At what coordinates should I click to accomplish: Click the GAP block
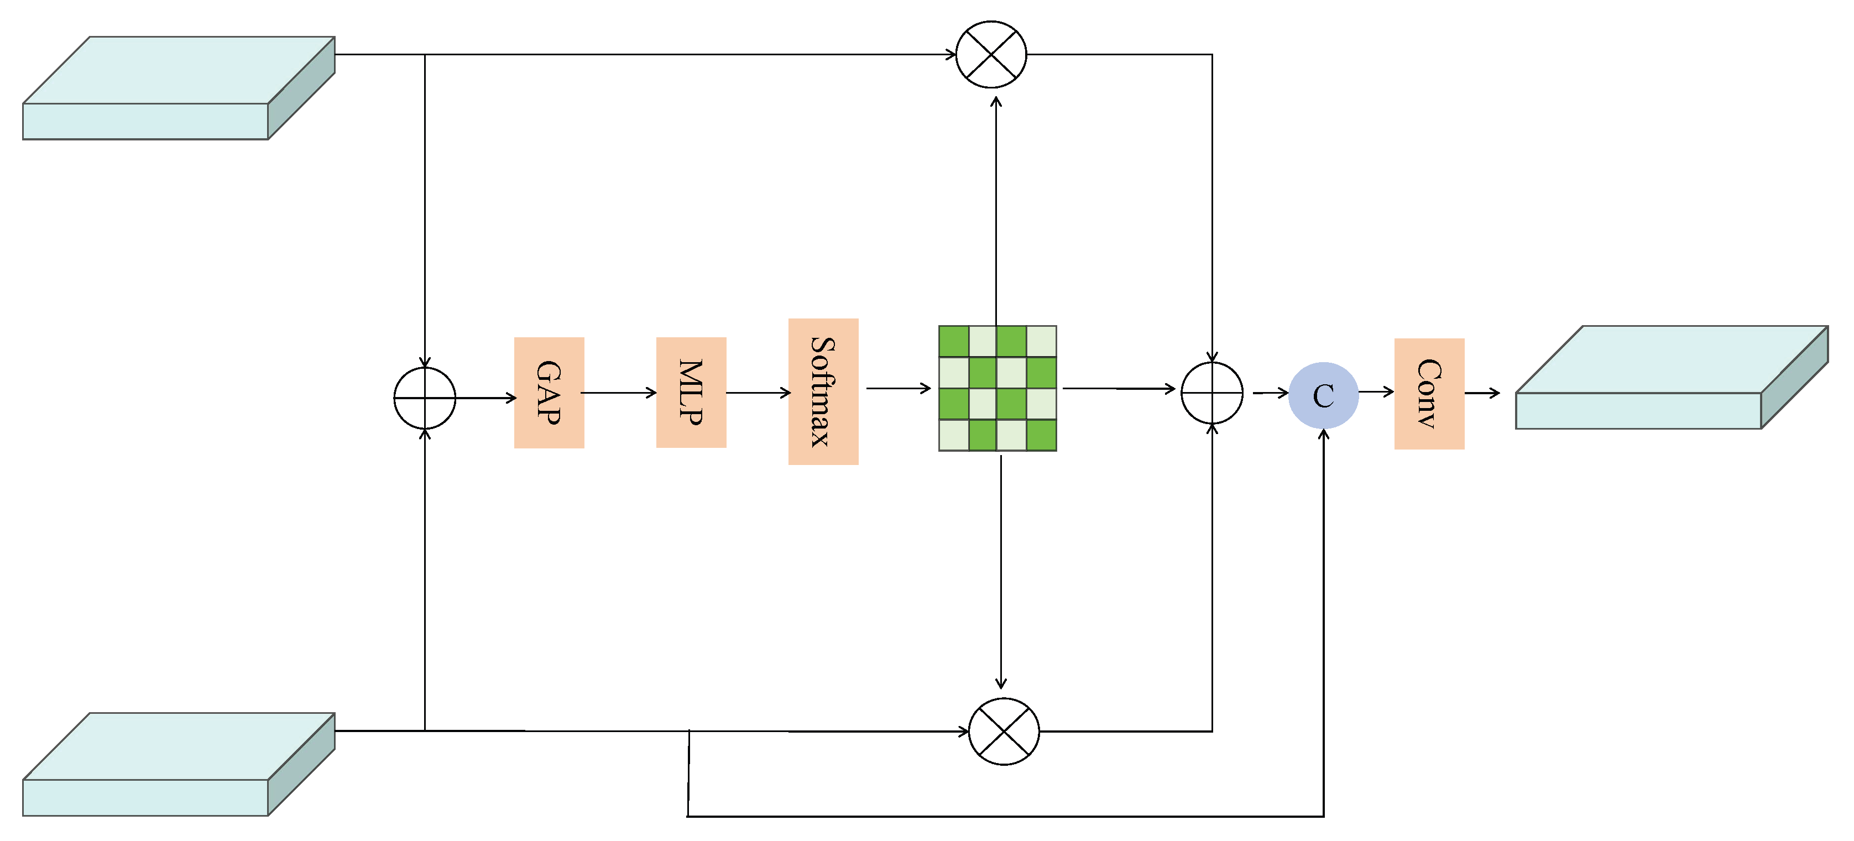tap(549, 392)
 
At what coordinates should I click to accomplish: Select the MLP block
tap(691, 392)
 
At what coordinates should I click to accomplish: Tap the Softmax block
tap(823, 391)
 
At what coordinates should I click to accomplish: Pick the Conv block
tap(1429, 394)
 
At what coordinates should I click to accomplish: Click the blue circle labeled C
tap(1323, 395)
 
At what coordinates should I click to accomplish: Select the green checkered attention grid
tap(997, 389)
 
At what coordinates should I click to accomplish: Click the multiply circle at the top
tap(991, 54)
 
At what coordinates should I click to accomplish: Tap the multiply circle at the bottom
tap(1004, 731)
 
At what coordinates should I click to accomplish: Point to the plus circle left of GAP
tap(425, 398)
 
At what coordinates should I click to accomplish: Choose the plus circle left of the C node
tap(1212, 393)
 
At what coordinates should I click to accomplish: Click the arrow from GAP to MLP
tap(619, 393)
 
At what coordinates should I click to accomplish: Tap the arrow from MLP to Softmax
tap(758, 393)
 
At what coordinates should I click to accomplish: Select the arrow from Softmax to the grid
tap(898, 389)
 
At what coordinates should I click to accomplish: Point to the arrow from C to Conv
tap(1376, 392)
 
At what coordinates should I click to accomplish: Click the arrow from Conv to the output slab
tap(1482, 393)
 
